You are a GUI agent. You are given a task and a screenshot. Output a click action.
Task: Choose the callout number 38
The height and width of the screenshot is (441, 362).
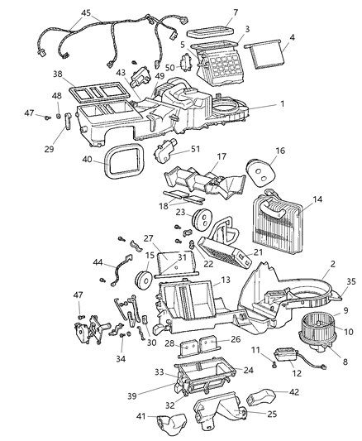click(x=59, y=73)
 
